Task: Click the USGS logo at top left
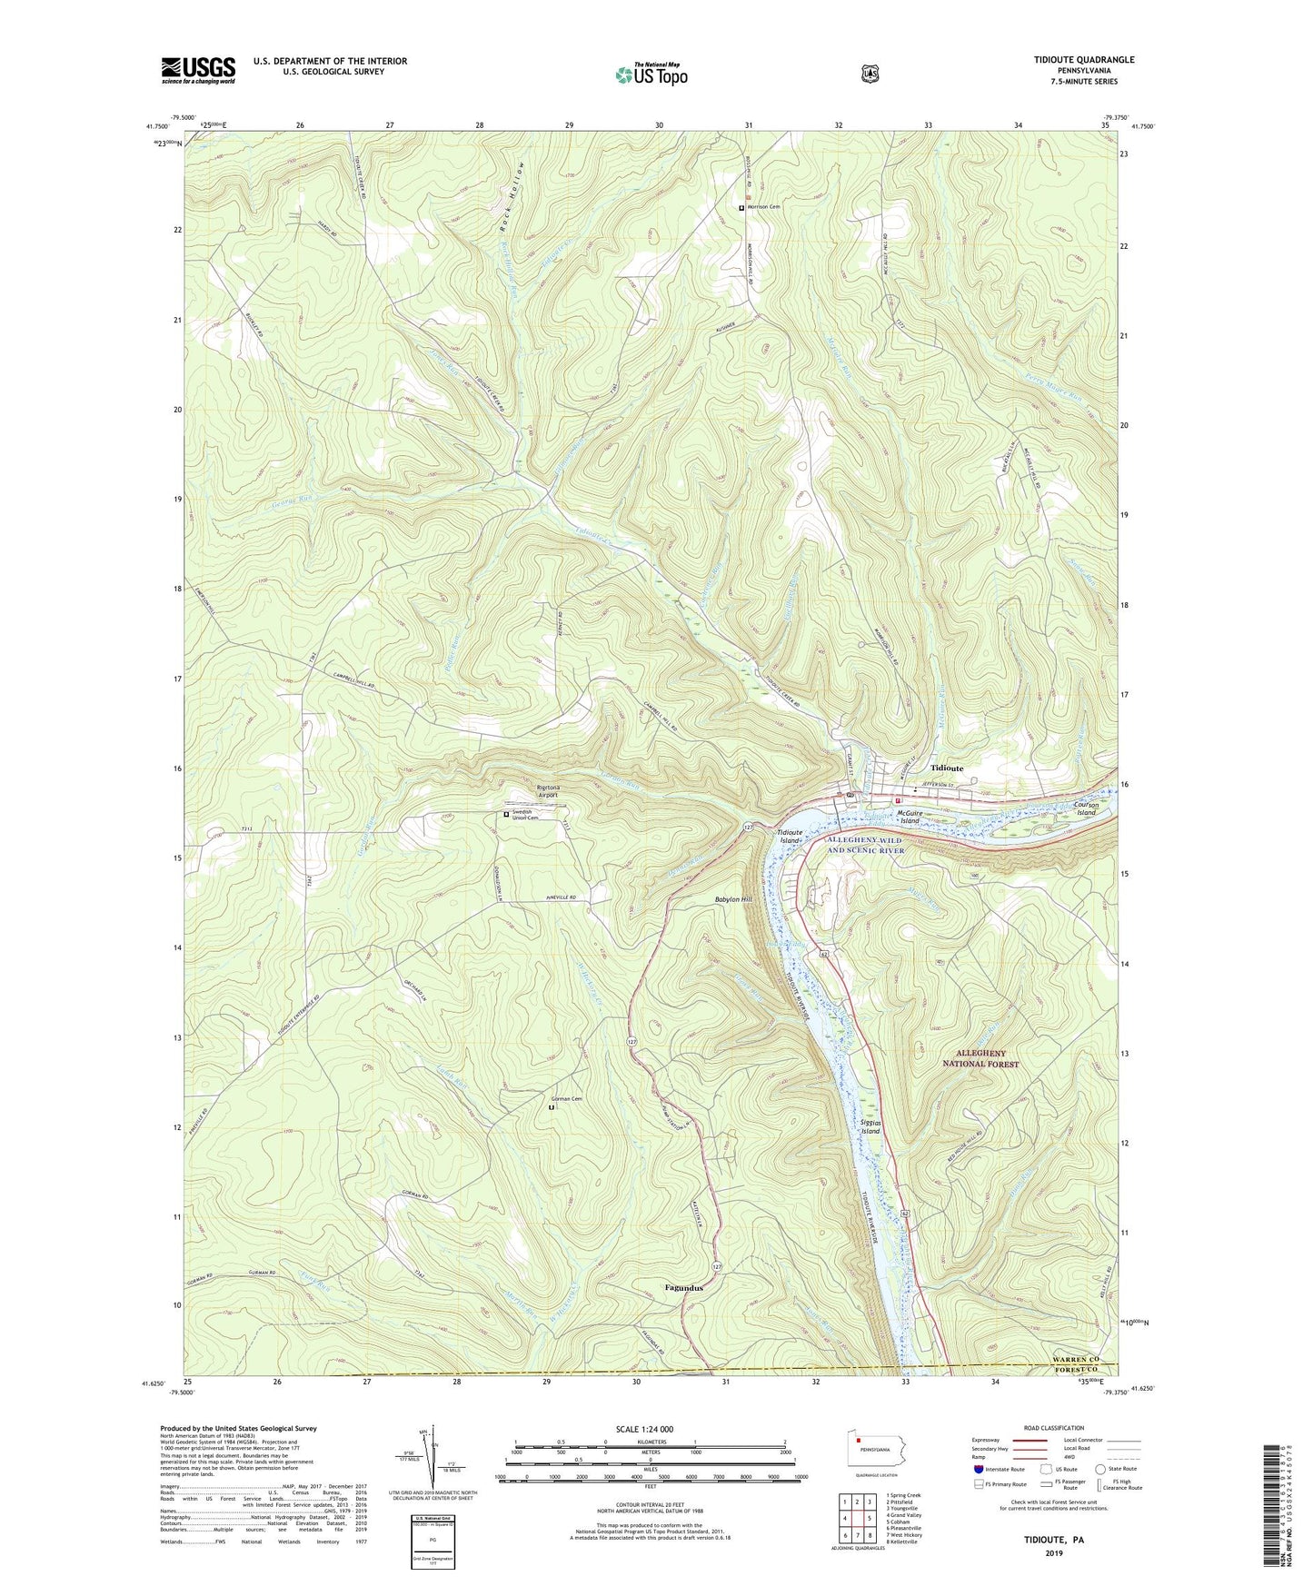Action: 198,70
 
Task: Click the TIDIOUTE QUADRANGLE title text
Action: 1070,60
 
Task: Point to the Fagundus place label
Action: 683,1287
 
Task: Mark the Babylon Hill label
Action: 733,899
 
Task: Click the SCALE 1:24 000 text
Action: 644,1430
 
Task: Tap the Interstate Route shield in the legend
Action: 978,1468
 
